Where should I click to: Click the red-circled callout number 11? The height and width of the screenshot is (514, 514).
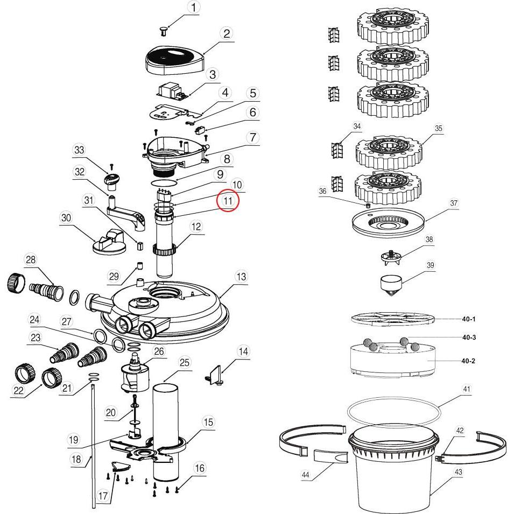(228, 201)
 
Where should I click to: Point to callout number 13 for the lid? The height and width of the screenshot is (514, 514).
(241, 277)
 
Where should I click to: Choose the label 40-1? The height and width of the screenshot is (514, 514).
(469, 319)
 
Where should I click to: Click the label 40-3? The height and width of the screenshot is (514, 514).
(469, 337)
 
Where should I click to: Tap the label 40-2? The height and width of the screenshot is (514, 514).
(469, 361)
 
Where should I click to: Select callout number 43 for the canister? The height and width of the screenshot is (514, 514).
(458, 473)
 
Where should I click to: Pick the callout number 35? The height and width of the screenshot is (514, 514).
(439, 129)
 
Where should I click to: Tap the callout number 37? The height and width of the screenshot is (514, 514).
(454, 203)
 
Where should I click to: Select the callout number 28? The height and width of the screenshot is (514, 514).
(31, 260)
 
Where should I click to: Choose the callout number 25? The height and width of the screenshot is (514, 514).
(185, 363)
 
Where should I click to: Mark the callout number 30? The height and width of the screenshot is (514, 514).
(66, 217)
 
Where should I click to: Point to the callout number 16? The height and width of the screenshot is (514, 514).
(199, 468)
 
